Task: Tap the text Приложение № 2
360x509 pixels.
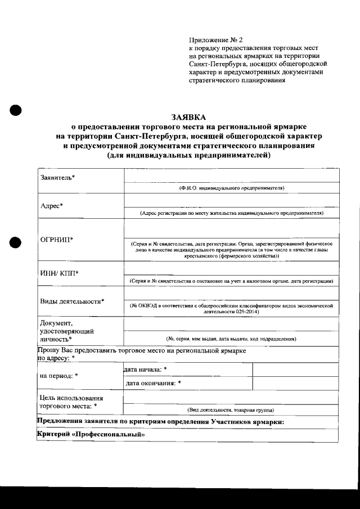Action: [215, 40]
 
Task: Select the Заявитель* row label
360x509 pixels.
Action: [58, 178]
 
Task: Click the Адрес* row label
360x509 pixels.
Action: [52, 205]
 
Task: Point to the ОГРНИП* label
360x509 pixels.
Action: [56, 240]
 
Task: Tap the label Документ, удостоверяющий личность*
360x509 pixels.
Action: [66, 331]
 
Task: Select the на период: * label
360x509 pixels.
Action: [59, 375]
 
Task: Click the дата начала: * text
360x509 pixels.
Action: [145, 369]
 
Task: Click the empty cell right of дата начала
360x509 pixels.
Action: [295, 370]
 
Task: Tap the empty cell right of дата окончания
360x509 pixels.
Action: [295, 383]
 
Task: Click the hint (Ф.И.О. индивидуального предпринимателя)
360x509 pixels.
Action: [231, 187]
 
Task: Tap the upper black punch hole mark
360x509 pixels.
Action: [15, 110]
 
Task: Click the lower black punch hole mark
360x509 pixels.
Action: [15, 242]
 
